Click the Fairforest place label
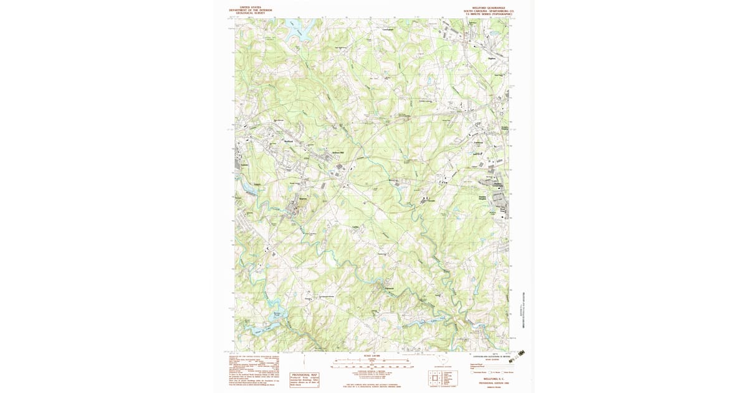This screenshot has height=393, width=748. coord(479,142)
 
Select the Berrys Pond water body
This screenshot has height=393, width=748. coord(278,317)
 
